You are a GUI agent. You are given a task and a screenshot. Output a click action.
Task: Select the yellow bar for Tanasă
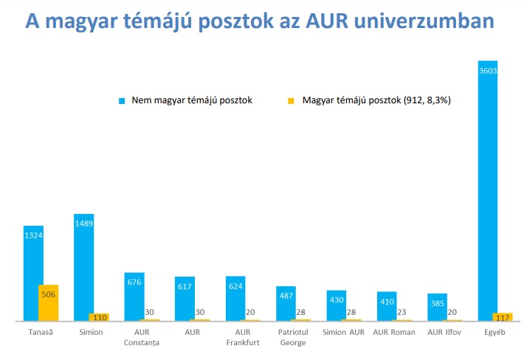click(x=49, y=302)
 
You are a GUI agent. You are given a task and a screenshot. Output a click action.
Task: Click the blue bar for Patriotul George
click(x=286, y=303)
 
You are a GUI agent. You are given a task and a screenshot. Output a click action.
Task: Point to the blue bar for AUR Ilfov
click(x=437, y=307)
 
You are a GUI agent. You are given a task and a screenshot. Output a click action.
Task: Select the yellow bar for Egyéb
click(x=503, y=317)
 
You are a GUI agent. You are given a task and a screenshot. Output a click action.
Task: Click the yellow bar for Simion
click(x=99, y=317)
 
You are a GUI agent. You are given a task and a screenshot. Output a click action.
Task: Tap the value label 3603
click(x=488, y=71)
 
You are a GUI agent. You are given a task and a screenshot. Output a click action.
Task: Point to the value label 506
click(x=49, y=294)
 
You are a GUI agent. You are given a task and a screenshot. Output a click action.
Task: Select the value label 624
click(x=235, y=285)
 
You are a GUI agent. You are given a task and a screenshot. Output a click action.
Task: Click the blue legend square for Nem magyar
click(x=121, y=100)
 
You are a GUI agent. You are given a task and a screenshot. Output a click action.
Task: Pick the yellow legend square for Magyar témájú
click(x=291, y=100)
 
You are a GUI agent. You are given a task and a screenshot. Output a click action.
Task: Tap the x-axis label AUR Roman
click(x=394, y=332)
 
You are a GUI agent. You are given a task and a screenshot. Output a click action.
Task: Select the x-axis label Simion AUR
click(x=343, y=332)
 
